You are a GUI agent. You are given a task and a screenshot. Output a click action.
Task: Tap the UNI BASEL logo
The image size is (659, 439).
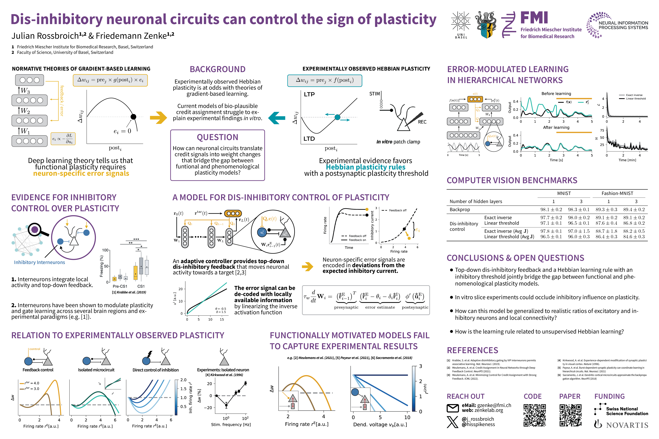click(x=461, y=25)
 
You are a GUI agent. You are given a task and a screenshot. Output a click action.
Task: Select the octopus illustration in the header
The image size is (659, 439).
click(x=486, y=25)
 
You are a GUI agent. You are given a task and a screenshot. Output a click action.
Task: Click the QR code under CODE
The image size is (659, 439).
click(x=535, y=415)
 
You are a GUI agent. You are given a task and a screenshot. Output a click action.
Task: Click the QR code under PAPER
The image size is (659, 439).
click(x=571, y=415)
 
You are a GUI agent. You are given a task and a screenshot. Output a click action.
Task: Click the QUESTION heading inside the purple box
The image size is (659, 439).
click(x=217, y=137)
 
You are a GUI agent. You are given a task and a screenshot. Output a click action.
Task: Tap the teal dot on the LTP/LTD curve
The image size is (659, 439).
click(x=337, y=117)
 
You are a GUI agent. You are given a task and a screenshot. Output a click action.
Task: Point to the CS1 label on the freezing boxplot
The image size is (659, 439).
click(x=141, y=286)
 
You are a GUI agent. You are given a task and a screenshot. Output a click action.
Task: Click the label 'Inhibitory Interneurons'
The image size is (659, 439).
click(x=40, y=262)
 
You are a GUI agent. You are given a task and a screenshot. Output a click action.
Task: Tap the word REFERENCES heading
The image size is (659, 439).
click(x=472, y=350)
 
